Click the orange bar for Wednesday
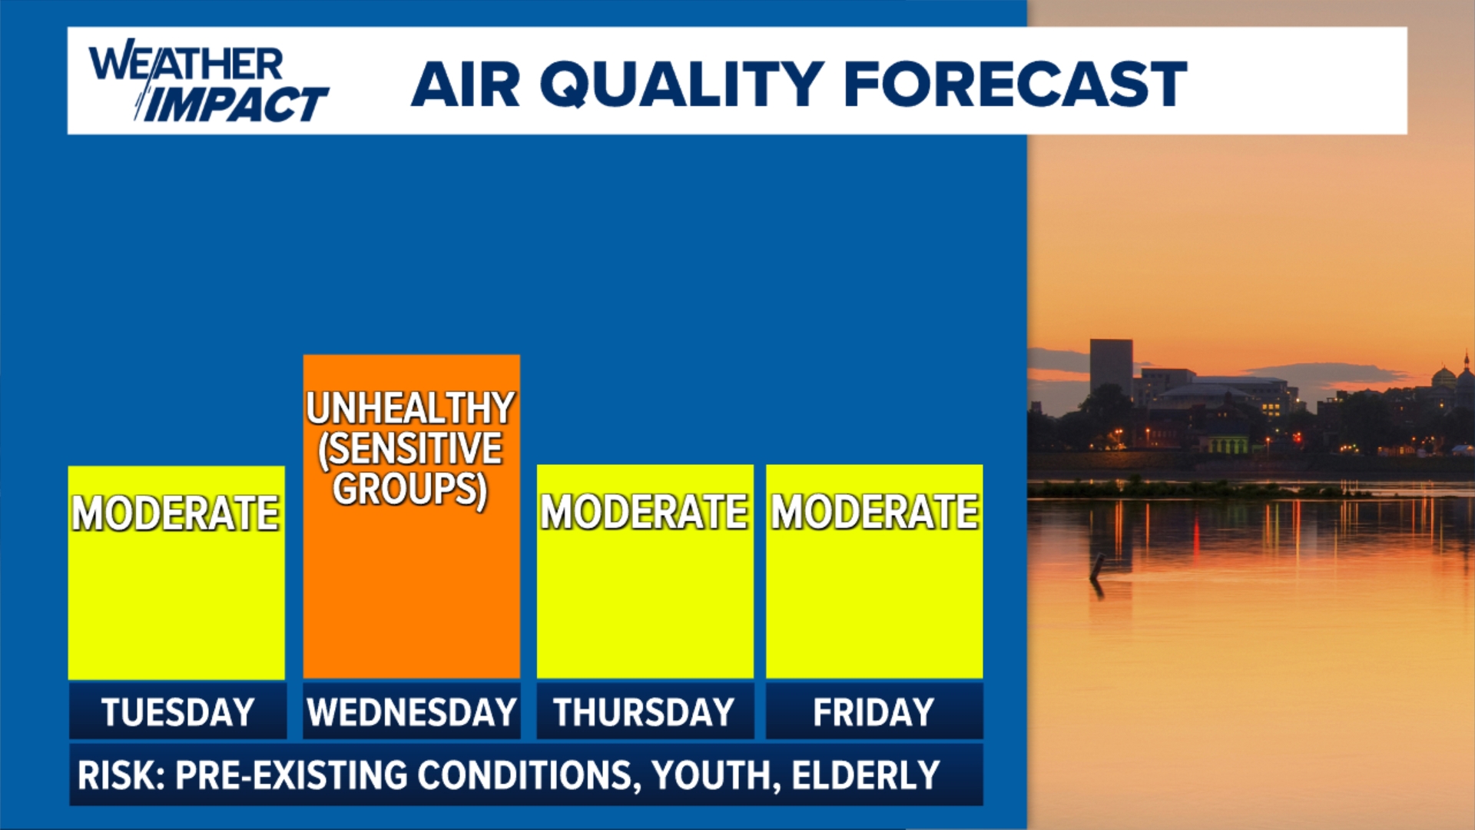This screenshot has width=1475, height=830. [x=411, y=516]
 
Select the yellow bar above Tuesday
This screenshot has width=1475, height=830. [x=176, y=573]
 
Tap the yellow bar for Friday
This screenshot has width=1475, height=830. [x=874, y=572]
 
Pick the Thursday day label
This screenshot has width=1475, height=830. [x=644, y=712]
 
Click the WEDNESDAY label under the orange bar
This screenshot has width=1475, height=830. [x=411, y=712]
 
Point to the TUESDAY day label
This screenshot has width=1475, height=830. [x=177, y=712]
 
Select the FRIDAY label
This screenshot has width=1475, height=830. [x=873, y=712]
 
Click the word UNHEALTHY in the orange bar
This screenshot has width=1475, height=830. [x=410, y=408]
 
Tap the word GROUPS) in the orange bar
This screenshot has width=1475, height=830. [x=410, y=490]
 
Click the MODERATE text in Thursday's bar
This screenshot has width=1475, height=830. [x=644, y=512]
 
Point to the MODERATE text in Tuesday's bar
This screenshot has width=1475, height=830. [x=175, y=513]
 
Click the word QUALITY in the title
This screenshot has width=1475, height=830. [x=682, y=84]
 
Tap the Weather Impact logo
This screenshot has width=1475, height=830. [x=208, y=81]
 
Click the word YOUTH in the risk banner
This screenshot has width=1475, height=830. [x=711, y=775]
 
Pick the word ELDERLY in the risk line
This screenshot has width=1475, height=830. [x=866, y=775]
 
